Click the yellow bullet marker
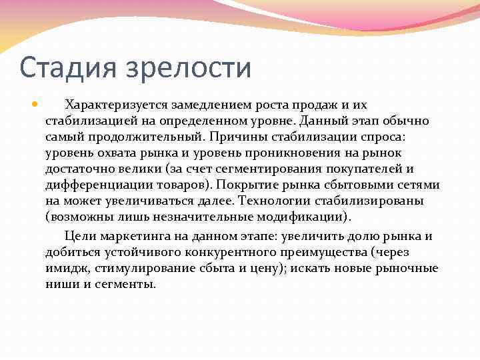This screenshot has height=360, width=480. coord(35,105)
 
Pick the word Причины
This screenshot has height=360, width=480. coord(237,137)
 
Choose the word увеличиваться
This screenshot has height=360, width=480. coord(155,201)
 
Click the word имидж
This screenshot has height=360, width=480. coord(63,269)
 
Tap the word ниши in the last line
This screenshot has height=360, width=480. coord(61,285)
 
